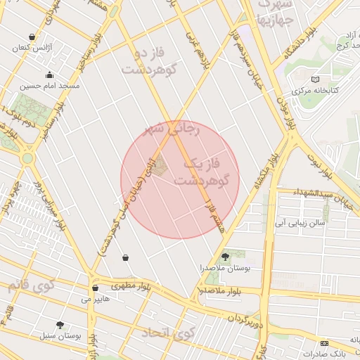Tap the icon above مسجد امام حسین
click(x=49, y=75)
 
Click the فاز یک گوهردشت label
click(x=203, y=172)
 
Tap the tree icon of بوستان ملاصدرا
click(x=225, y=257)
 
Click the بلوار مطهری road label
click(x=131, y=286)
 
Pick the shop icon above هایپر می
click(x=95, y=288)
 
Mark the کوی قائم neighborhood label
click(x=31, y=285)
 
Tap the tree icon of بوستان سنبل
click(x=60, y=325)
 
